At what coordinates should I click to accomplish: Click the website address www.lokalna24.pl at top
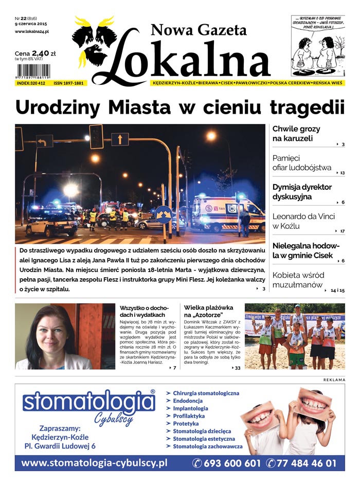coord(32,32)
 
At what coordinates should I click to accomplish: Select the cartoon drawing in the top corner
coord(317,46)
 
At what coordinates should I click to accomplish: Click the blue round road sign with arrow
coord(164,214)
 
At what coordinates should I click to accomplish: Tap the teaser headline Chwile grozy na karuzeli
coord(296,134)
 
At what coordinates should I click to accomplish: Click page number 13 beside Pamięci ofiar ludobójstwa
coord(342,173)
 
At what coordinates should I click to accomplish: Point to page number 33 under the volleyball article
coord(237,368)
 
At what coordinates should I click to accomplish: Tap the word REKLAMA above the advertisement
coord(334,380)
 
